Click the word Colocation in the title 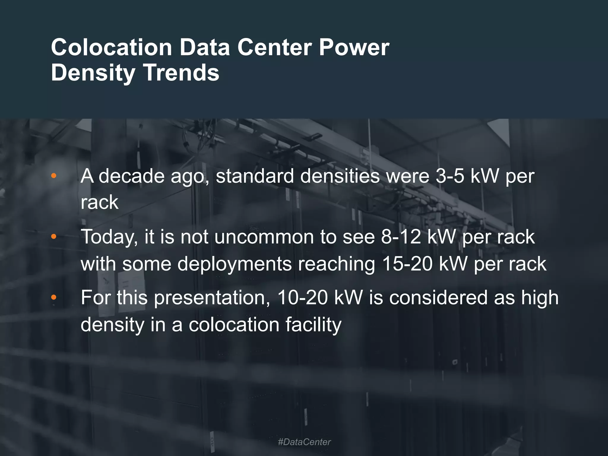click(x=111, y=47)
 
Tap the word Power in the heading click(x=354, y=47)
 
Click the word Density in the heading click(x=93, y=73)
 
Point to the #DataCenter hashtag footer click(x=304, y=442)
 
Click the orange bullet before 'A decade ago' click(x=54, y=176)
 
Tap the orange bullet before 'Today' click(x=54, y=237)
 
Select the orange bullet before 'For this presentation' click(x=54, y=297)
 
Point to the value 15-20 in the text click(x=407, y=264)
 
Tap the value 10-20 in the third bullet click(x=303, y=297)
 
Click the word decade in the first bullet click(x=131, y=176)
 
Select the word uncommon click(x=264, y=237)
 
